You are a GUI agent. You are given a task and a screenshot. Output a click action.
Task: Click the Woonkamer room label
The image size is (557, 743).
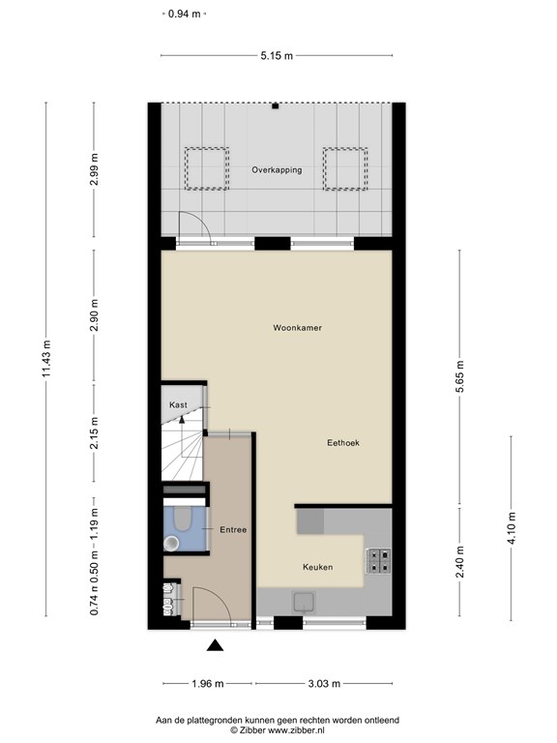(296, 328)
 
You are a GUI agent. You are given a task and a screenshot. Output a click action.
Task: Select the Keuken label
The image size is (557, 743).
(317, 567)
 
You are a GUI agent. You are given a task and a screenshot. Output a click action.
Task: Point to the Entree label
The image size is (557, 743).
(233, 529)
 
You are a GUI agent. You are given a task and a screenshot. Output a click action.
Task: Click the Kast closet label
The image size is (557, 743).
(178, 404)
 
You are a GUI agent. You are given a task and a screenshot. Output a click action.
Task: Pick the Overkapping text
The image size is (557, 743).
(277, 169)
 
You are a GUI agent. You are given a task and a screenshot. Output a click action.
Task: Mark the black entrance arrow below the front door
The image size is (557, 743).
(215, 645)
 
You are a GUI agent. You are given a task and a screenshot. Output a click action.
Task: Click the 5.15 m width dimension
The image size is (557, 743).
(276, 56)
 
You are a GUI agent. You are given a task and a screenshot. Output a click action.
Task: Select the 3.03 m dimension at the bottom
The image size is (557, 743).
(323, 684)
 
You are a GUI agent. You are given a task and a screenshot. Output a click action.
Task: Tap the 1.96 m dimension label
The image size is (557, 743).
(207, 684)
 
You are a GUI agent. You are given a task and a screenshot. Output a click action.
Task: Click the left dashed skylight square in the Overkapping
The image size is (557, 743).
(206, 167)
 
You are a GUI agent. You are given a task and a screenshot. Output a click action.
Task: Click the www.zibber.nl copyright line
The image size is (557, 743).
(278, 730)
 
